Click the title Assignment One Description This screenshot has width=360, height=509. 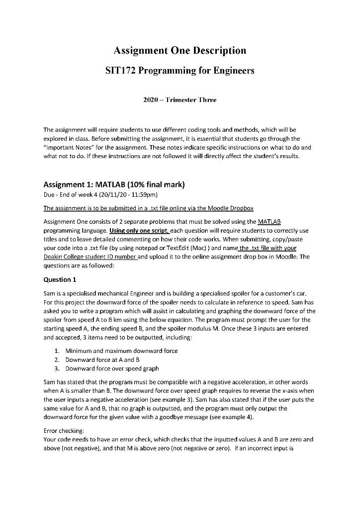[x=180, y=50]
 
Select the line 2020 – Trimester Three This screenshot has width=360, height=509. [x=180, y=100]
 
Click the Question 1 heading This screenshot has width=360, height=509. [x=60, y=279]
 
